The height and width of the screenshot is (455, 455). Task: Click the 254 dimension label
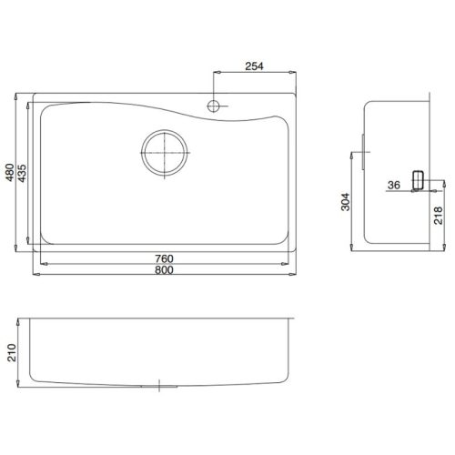[x=254, y=66]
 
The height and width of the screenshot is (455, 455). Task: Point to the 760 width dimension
[x=165, y=258]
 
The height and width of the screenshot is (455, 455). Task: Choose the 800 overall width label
[x=165, y=272]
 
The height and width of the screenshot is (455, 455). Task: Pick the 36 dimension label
[x=393, y=185]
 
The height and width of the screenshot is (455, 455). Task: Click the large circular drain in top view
[x=165, y=151]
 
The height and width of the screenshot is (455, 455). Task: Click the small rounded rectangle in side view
[x=419, y=180]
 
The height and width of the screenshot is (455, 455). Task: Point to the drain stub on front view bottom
[x=161, y=385]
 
